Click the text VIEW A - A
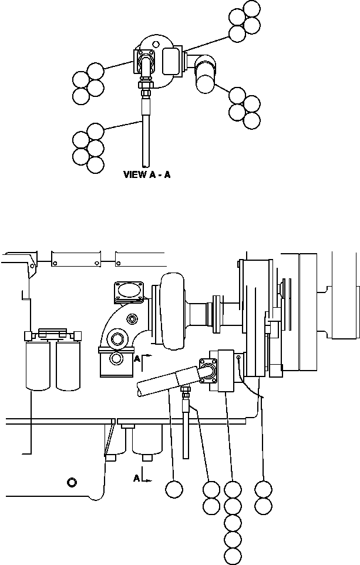click(x=147, y=175)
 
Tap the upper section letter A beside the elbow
click(x=136, y=359)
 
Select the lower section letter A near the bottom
click(x=136, y=478)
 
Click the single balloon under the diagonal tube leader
click(x=174, y=489)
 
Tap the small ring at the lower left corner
click(x=72, y=482)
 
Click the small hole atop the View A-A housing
click(x=156, y=44)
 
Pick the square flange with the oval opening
click(x=129, y=291)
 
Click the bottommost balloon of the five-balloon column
click(x=233, y=556)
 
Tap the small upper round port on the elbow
click(x=132, y=318)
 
